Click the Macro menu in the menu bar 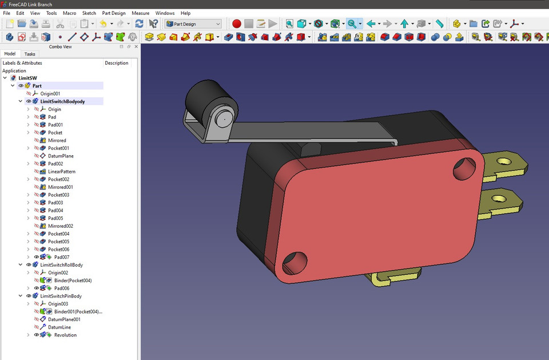coord(69,13)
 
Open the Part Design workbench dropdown coord(193,23)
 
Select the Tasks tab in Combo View coord(30,54)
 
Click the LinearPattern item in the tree coord(61,172)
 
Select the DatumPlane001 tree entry coord(64,319)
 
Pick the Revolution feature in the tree coord(65,335)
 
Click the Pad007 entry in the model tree coord(62,257)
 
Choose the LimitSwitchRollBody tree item coord(61,265)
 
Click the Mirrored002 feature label coord(60,226)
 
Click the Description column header coord(117,63)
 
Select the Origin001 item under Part coord(50,93)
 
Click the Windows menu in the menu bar coord(165,13)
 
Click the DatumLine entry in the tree coord(59,327)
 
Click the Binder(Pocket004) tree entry coord(69,280)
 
